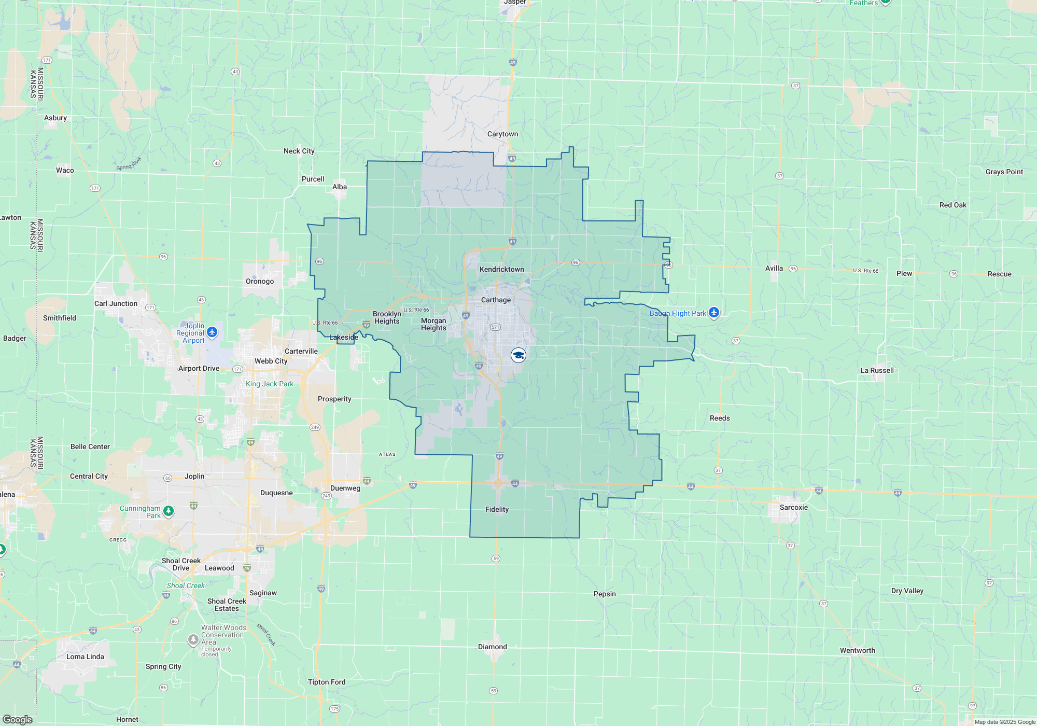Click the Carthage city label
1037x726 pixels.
(496, 300)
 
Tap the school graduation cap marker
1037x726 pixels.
(518, 355)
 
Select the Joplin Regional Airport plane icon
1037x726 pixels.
(212, 331)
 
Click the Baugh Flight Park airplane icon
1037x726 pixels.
(714, 312)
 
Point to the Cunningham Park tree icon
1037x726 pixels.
(169, 511)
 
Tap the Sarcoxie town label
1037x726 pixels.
(793, 507)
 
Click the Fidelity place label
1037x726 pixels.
(497, 509)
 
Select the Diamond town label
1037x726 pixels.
(493, 647)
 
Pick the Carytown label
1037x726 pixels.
(502, 134)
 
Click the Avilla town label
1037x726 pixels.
(774, 268)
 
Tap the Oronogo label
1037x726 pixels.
(260, 281)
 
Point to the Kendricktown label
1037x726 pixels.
(501, 269)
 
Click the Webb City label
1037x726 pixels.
(271, 361)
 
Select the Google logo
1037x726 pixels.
(17, 719)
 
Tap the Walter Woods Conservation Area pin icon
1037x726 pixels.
(193, 640)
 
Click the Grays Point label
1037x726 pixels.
(1004, 172)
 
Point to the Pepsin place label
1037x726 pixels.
(605, 594)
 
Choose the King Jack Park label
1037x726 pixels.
(270, 384)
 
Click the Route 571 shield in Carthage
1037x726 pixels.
(495, 327)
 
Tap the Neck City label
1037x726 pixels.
(299, 151)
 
